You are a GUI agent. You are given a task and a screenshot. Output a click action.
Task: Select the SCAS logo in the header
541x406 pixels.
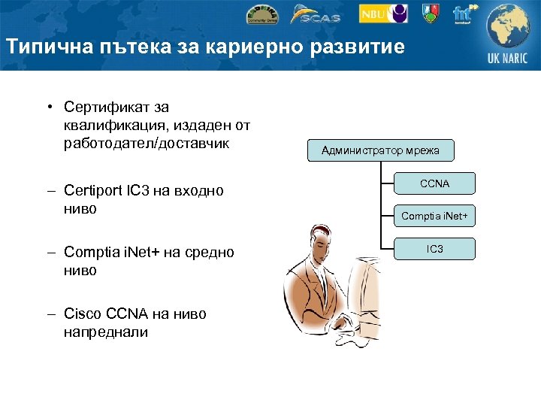pyautogui.click(x=316, y=14)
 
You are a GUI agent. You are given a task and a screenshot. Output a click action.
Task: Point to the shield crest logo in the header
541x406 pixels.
pyautogui.click(x=431, y=13)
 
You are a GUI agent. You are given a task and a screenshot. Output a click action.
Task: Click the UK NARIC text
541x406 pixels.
pyautogui.click(x=508, y=59)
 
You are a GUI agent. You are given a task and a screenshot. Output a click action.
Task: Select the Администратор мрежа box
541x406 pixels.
pyautogui.click(x=381, y=150)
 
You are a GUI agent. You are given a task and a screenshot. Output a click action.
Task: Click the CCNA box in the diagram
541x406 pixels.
pyautogui.click(x=435, y=183)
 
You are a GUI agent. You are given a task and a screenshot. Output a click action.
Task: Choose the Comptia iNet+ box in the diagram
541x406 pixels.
pyautogui.click(x=435, y=216)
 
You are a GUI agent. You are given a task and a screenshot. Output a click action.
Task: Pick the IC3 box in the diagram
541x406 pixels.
pyautogui.click(x=435, y=248)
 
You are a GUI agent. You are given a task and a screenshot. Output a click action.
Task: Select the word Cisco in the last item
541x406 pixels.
pyautogui.click(x=83, y=314)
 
